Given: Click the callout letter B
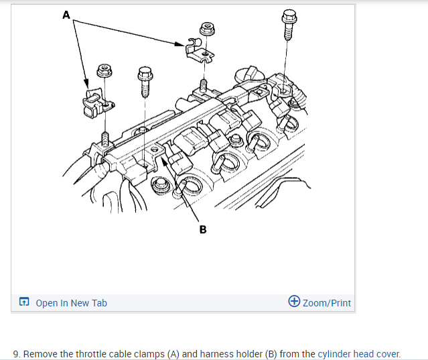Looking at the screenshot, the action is pos(203,230).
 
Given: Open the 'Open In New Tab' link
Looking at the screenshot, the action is pos(71,303).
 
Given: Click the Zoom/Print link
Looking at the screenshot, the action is pos(326,303).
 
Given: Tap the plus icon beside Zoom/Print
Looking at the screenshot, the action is pos(293,302).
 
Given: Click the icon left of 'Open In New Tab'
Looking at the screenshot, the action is pos(24,303).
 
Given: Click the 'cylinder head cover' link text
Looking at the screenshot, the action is pos(358,353).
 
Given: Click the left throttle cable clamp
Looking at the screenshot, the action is pos(94,103).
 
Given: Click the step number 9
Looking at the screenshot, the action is pos(16,353).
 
